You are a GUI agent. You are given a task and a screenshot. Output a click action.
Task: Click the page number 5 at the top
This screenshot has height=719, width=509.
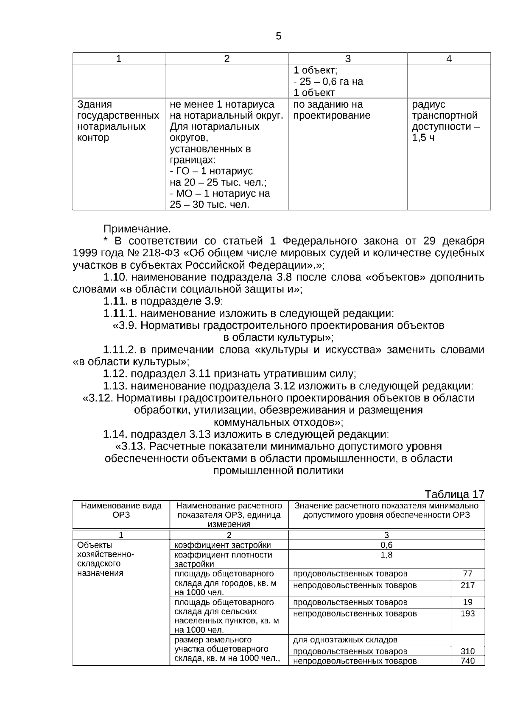(x=278, y=36)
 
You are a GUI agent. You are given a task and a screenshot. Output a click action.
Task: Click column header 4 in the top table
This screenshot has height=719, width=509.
(x=449, y=59)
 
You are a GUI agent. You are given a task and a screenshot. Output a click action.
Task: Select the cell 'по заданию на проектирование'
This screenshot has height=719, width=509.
(x=332, y=110)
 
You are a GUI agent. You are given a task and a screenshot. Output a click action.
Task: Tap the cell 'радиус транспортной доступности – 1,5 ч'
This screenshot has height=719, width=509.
(x=444, y=121)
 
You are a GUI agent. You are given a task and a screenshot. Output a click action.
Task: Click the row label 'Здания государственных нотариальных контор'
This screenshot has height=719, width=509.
(x=118, y=121)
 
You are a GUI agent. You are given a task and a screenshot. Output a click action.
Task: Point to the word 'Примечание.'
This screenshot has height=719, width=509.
(x=137, y=229)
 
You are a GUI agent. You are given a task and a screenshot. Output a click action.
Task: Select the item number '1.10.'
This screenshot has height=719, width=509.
(x=116, y=278)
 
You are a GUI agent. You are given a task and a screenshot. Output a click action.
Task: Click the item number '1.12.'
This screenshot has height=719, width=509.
(x=115, y=374)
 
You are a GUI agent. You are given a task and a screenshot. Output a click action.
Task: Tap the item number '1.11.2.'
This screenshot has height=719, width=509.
(x=120, y=350)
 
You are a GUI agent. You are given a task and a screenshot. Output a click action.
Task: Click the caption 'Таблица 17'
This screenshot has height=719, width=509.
(x=454, y=494)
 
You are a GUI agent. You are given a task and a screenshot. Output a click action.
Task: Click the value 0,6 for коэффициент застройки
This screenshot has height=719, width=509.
(x=386, y=545)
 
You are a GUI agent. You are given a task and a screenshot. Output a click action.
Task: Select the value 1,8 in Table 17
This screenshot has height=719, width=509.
(x=386, y=555)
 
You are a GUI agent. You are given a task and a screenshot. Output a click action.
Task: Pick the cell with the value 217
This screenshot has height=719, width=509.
(x=467, y=586)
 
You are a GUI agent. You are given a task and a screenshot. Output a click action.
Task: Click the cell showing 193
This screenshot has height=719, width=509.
(x=467, y=614)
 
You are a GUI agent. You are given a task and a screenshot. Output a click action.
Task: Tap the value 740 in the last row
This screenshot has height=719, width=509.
(x=467, y=661)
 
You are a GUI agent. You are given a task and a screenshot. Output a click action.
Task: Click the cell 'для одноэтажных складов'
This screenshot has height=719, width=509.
(x=345, y=640)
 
